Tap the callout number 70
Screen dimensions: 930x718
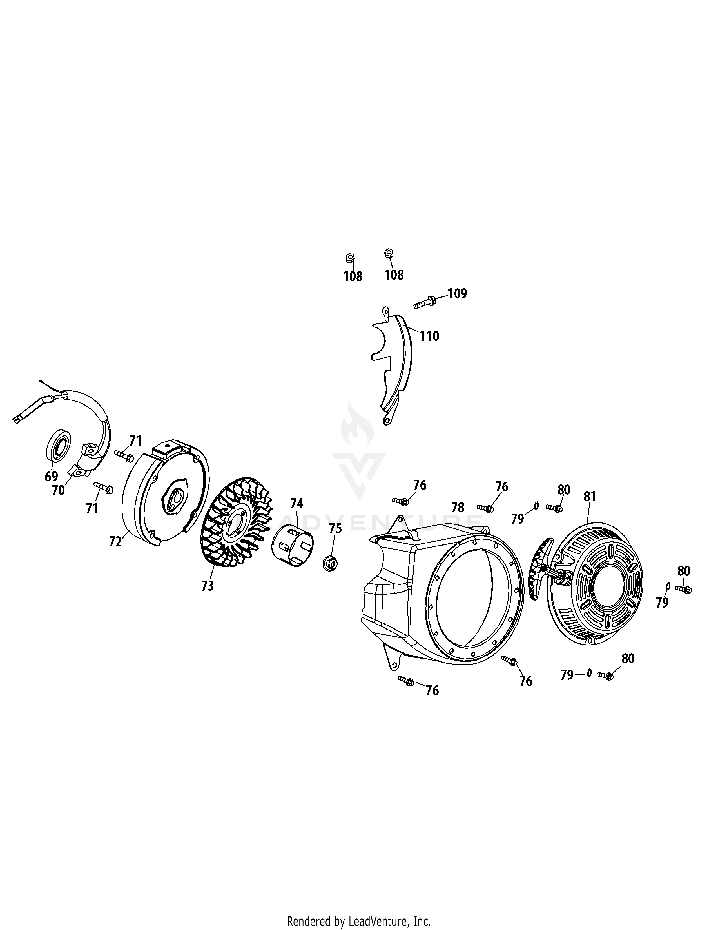click(x=58, y=491)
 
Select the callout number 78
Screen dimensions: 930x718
click(x=458, y=508)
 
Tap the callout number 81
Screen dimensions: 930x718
click(x=590, y=497)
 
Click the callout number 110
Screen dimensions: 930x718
click(x=430, y=336)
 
